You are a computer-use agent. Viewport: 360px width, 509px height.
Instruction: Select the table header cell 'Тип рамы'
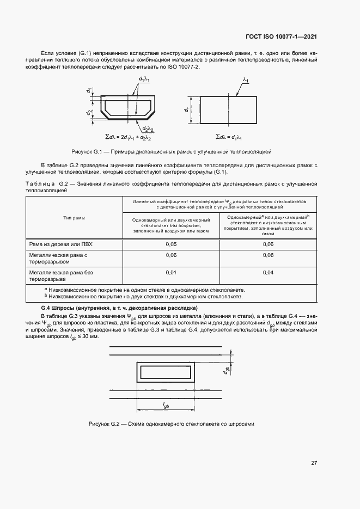74,218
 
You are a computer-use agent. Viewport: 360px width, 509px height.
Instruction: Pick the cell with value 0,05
171,244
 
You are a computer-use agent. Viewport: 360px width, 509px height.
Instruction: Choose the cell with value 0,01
171,272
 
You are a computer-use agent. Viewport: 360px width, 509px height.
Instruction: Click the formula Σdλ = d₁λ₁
229,137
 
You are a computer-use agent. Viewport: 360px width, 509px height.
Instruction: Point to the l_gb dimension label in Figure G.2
166,404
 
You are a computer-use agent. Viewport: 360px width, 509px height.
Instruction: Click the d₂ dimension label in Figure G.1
89,113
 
